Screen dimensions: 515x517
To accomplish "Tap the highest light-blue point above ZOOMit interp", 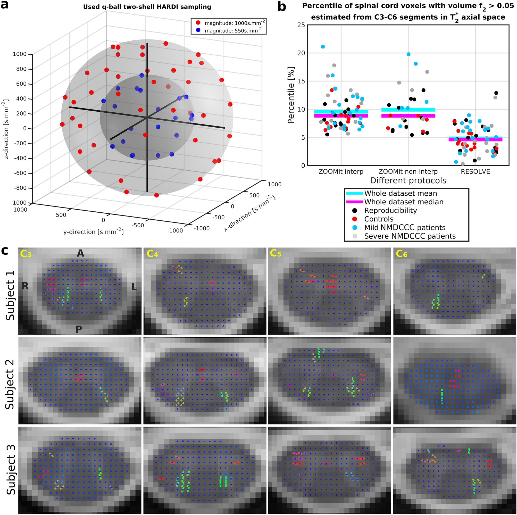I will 323,47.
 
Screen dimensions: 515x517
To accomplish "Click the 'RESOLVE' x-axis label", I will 475,172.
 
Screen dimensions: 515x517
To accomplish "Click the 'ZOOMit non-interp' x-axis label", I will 408,172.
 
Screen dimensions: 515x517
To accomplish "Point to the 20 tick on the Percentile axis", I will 301,53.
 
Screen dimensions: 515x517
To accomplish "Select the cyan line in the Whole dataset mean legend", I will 354,193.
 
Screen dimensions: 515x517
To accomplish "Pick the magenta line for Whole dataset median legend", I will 354,202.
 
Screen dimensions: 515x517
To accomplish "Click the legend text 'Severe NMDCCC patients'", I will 410,236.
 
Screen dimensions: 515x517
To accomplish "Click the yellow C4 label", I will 152,253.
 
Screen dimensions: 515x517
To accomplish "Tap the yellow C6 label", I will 401,253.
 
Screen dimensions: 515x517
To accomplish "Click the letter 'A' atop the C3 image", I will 80,253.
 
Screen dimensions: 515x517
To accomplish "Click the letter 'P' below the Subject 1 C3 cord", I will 78,329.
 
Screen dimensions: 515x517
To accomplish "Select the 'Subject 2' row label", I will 10,380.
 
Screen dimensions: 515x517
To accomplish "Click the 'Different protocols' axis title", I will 408,180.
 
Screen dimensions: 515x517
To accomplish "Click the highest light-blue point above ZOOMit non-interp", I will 408,54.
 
